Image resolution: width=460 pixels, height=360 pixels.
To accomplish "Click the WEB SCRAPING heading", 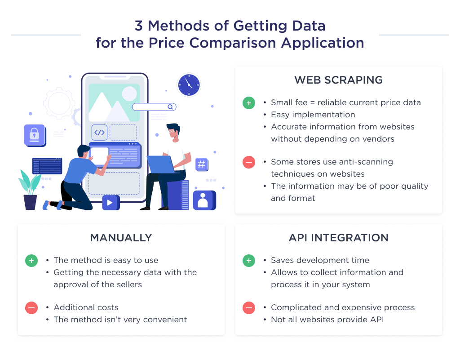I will tap(338, 80).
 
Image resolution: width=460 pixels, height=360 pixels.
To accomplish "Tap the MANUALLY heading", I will tap(121, 238).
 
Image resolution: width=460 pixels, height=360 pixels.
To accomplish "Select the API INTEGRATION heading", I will tap(338, 238).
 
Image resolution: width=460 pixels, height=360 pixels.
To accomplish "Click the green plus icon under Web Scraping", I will tap(248, 103).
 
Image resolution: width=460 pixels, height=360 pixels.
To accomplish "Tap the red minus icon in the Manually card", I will tap(31, 308).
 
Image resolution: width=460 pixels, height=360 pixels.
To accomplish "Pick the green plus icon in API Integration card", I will tap(248, 261).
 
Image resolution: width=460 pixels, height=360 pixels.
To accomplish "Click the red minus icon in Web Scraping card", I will tap(248, 162).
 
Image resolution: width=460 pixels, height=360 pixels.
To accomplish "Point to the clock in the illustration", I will tap(188, 84).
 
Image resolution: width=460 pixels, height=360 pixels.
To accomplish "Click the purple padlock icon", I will tap(34, 134).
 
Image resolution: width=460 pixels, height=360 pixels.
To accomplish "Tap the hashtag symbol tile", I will tap(201, 164).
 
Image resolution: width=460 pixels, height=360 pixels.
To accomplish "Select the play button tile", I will tap(110, 203).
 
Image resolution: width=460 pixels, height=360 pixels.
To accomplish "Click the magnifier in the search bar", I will tap(170, 107).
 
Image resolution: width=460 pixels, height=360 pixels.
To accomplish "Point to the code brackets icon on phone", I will tap(99, 133).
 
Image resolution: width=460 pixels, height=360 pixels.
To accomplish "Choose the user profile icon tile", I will tap(203, 200).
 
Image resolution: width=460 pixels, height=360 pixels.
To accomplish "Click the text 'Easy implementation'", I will tap(313, 115).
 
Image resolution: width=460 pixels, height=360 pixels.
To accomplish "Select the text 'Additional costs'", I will tap(86, 308).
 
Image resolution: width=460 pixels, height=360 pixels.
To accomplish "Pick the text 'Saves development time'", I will tap(320, 261).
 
